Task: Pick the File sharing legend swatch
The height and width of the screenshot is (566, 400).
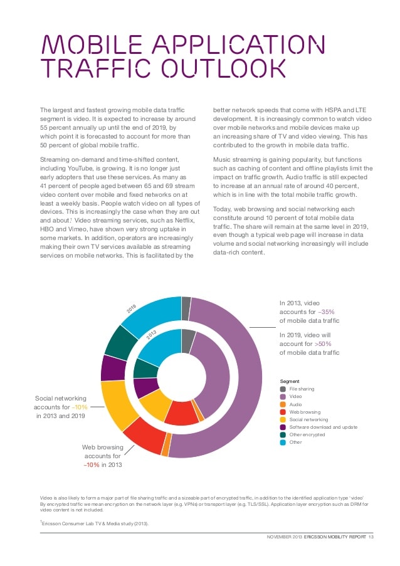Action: (x=283, y=389)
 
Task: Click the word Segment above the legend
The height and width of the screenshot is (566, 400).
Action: (x=289, y=381)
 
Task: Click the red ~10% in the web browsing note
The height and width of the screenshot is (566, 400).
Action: (x=93, y=464)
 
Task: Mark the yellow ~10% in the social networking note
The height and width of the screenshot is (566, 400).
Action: (x=80, y=407)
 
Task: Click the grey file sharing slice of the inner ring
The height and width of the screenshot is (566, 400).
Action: (x=187, y=340)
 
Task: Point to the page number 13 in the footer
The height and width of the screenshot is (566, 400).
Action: (x=371, y=537)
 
